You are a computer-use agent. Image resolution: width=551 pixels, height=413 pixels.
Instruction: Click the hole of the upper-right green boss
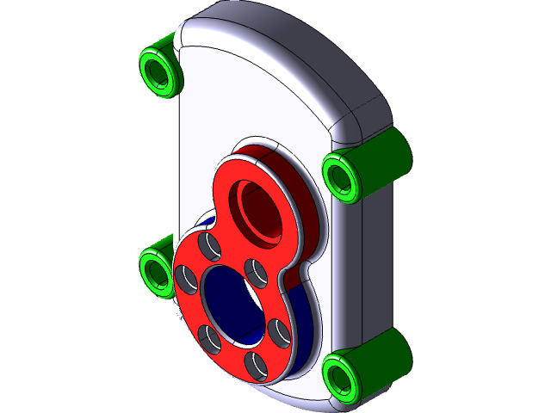click(339, 176)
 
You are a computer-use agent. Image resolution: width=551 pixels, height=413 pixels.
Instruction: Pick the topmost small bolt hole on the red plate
click(207, 246)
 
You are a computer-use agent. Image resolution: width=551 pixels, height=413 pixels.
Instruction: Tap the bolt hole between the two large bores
click(254, 271)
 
